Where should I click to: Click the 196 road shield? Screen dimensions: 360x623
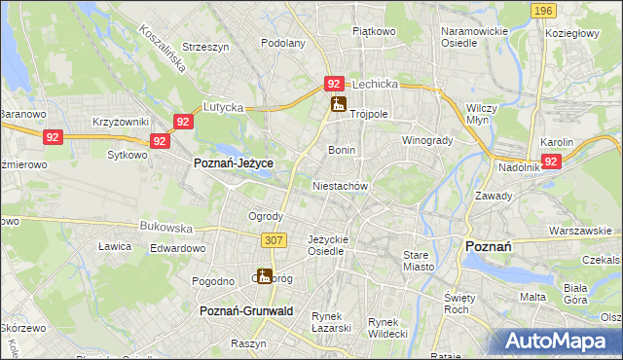click(x=543, y=10)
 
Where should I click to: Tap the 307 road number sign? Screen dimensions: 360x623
click(x=273, y=239)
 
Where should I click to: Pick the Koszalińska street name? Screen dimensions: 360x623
click(x=138, y=58)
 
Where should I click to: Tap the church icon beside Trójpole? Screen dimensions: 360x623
click(x=338, y=104)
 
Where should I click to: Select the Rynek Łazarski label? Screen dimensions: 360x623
click(x=331, y=322)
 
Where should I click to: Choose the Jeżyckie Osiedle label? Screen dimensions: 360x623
click(x=327, y=245)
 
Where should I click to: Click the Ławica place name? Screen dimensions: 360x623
click(x=114, y=246)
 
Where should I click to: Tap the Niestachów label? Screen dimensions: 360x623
click(x=339, y=185)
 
